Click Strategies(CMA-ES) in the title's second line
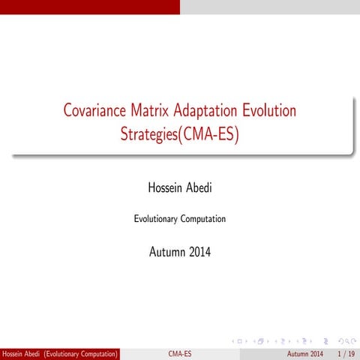point(179,135)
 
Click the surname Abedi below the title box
point(198,185)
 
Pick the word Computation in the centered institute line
point(202,219)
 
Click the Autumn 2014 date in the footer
point(306,353)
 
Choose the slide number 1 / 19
point(346,353)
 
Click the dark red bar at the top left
point(90,7)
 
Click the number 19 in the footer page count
point(351,353)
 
